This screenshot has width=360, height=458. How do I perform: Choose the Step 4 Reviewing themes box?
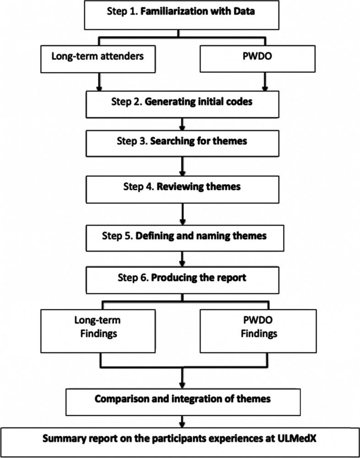tap(183, 187)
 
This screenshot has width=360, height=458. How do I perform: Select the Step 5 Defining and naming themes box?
tap(183, 237)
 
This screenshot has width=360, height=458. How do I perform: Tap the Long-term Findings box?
tap(97, 326)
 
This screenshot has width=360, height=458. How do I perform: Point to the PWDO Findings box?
tap(263, 326)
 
